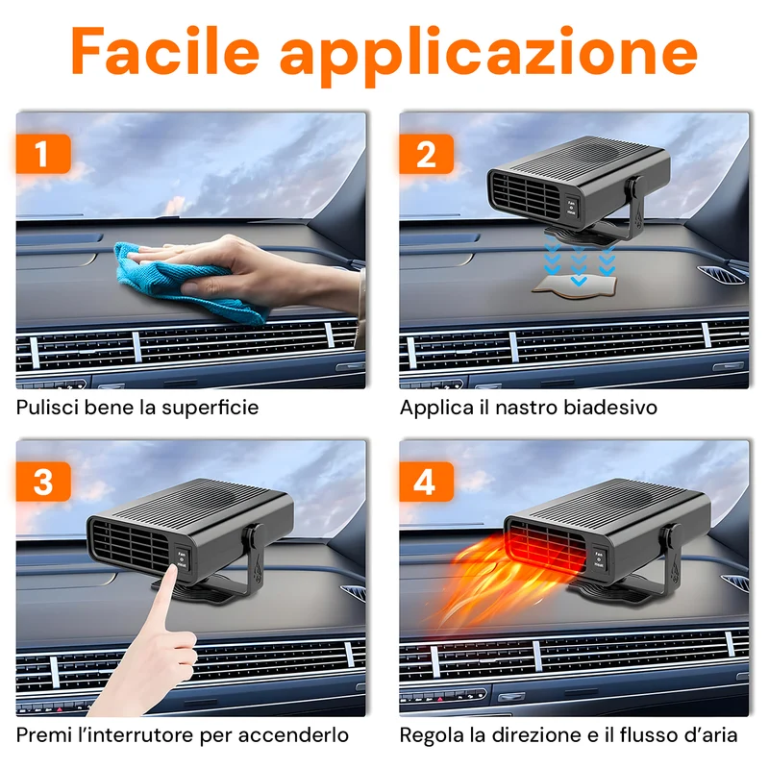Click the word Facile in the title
(x=165, y=52)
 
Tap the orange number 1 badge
(x=43, y=154)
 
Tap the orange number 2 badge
(x=426, y=154)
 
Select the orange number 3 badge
(x=43, y=482)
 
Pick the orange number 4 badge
(x=426, y=482)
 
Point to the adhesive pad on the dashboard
(x=575, y=285)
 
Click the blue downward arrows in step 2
(x=580, y=260)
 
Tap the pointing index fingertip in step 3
(x=171, y=570)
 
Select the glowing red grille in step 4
(x=547, y=547)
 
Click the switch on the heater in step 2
(x=571, y=208)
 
